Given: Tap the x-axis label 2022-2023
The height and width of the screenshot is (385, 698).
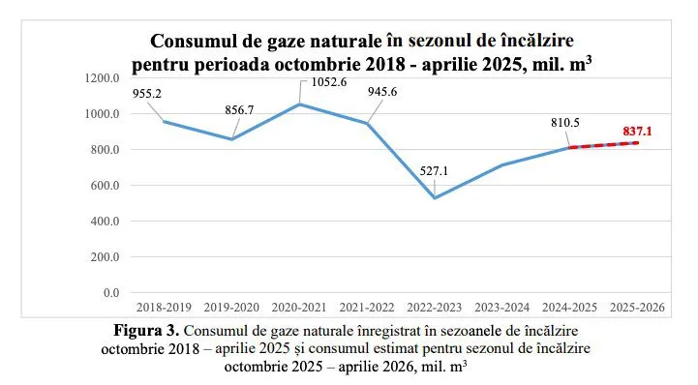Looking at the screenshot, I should click(433, 309).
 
